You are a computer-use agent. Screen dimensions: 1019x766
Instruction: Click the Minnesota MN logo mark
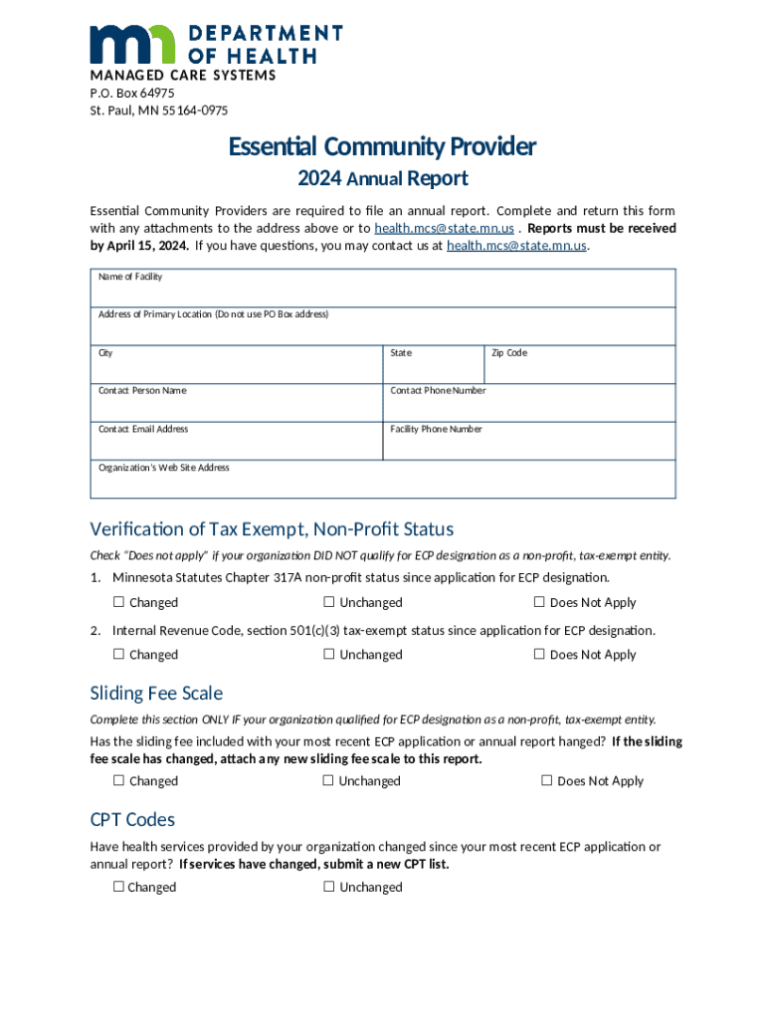(133, 45)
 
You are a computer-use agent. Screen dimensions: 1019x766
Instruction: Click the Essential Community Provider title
(382, 147)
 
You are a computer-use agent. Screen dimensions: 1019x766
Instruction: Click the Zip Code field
(579, 369)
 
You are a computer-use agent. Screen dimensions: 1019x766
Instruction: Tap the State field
(434, 369)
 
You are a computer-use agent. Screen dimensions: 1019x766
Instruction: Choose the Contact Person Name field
(237, 407)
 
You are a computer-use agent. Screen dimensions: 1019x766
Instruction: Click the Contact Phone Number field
(529, 407)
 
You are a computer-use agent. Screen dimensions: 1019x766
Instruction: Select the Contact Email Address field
(237, 445)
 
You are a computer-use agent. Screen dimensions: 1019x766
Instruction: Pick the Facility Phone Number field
(529, 445)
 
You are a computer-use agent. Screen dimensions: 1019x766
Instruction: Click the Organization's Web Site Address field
(383, 484)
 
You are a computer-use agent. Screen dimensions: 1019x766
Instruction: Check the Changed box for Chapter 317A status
(118, 602)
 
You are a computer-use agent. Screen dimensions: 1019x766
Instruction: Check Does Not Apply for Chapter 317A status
(539, 602)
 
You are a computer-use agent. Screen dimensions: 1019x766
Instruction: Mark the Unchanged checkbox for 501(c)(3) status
(328, 655)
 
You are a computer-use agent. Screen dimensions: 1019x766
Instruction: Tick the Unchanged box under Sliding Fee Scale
(327, 781)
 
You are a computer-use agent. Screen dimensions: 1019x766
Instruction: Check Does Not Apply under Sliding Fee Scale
(546, 781)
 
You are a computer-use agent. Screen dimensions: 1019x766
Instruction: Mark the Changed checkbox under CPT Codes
(118, 887)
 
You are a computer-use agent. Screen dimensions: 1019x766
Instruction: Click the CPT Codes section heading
(132, 820)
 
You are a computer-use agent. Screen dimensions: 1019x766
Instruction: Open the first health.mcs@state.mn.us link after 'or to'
(444, 228)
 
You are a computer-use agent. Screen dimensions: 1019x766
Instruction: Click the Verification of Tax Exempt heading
(271, 528)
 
